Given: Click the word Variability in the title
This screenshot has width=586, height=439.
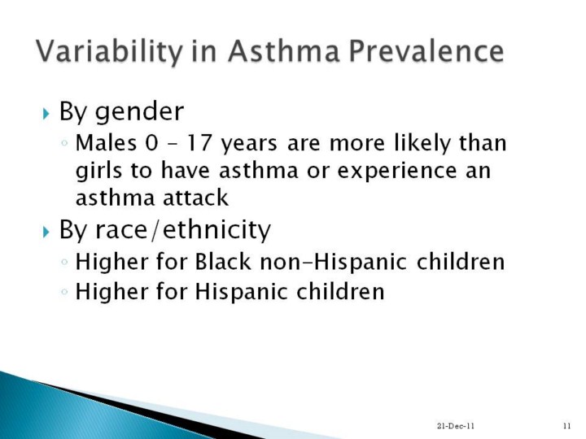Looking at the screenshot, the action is [109, 51].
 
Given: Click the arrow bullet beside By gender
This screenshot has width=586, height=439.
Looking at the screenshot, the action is [46, 113].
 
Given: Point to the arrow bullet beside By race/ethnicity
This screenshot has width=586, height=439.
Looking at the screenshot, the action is [46, 232].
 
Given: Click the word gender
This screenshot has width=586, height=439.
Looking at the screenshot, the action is [139, 112].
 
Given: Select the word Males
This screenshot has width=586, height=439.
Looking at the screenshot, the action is [106, 142].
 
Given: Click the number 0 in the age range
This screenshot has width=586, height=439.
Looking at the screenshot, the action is [151, 142].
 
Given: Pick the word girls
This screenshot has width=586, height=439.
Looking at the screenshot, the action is [98, 171].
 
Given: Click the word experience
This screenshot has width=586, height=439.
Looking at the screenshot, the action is [397, 172].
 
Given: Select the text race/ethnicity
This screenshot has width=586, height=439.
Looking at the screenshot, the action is [183, 230].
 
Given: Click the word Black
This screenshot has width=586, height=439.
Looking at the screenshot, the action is [223, 261].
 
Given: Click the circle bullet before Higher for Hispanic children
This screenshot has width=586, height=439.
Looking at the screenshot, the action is [64, 291].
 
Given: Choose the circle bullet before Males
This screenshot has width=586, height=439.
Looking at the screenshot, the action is [64, 142].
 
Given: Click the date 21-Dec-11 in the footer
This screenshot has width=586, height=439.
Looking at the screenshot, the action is [456, 425].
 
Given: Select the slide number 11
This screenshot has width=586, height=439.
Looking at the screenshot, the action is [567, 425].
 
